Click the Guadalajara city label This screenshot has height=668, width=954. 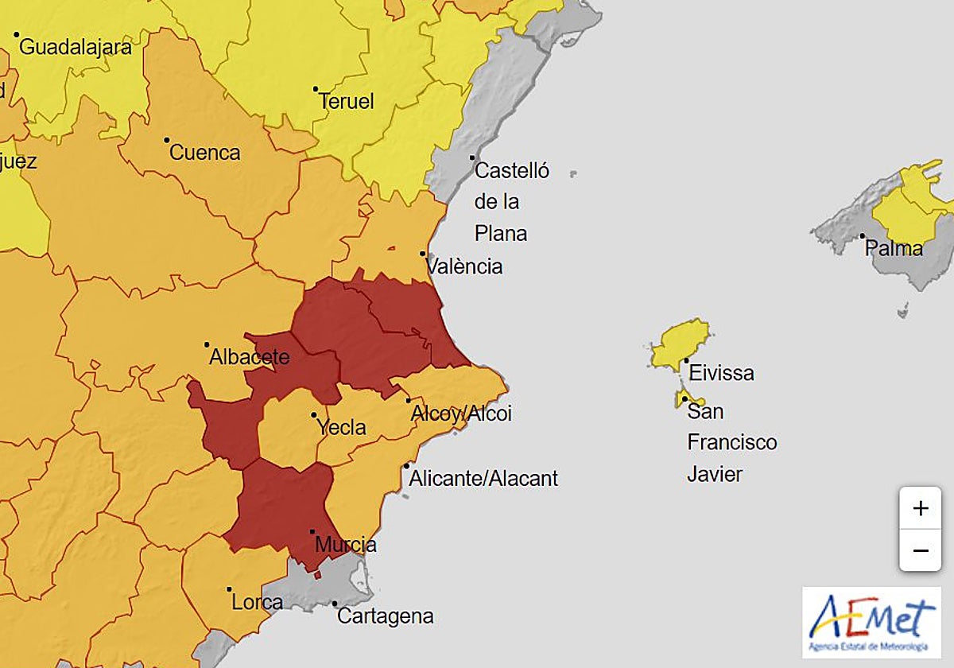pos(76,47)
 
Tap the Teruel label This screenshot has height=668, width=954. pos(346,102)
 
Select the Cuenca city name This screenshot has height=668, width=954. pos(205,153)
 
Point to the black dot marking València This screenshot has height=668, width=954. pos(423,254)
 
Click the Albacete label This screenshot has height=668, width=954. pos(249,357)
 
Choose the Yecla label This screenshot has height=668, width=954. pos(342,427)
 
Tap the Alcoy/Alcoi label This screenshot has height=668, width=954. pos(461,414)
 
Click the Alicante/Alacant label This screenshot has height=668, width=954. pos(483,479)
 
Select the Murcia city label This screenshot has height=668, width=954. pos(346,545)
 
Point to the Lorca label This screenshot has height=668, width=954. pos(257,602)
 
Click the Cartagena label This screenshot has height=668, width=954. pos(386,616)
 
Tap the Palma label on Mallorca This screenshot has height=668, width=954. pos(894,248)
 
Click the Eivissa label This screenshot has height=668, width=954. pos(721,372)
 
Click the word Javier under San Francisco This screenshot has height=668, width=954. pos(715,474)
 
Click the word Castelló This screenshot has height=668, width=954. pos(511,170)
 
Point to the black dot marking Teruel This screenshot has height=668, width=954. pos(316,89)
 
